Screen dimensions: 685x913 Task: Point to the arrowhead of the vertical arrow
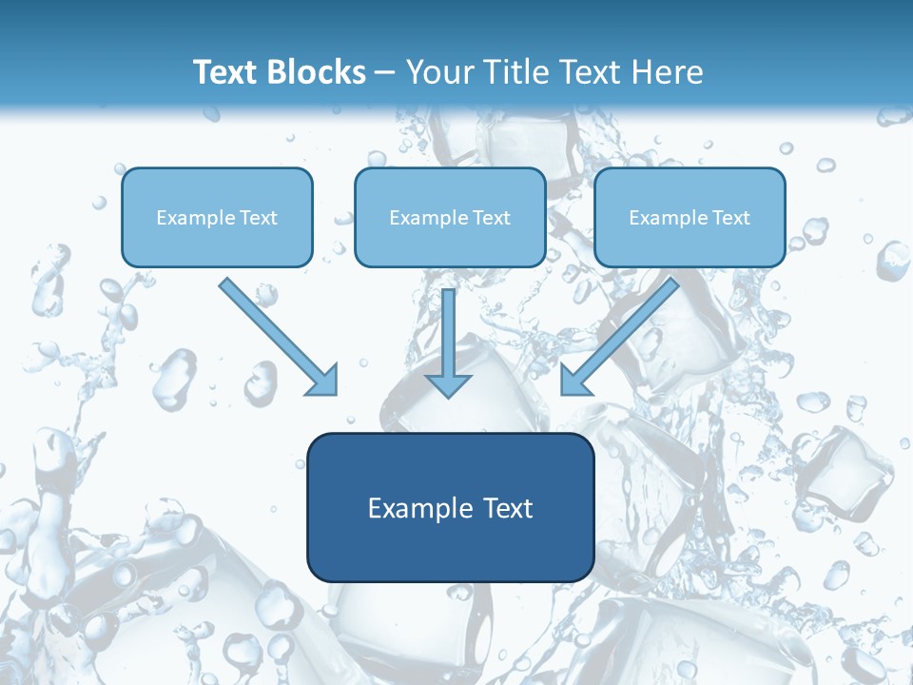tap(448, 384)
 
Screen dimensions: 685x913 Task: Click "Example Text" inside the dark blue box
tap(450, 508)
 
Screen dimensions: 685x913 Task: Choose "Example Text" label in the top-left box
tap(217, 218)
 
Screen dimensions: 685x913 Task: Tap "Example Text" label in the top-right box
tap(690, 218)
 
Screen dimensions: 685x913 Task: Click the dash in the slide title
tap(385, 73)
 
